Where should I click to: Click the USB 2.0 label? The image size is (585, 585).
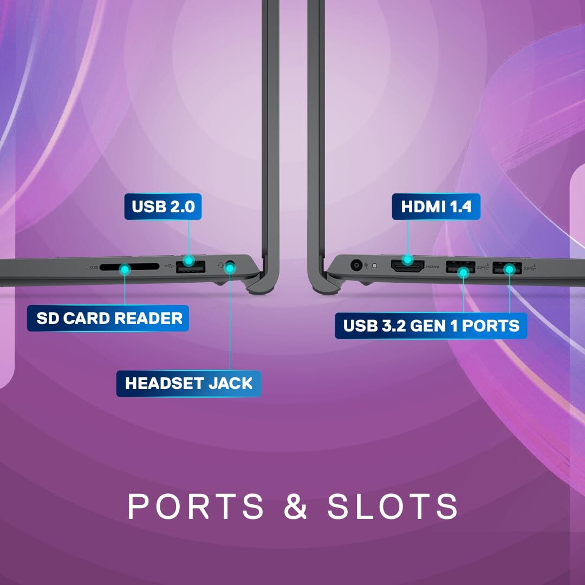pos(162,207)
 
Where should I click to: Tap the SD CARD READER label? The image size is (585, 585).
pos(108,318)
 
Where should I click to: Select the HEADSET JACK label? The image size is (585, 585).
pos(188,383)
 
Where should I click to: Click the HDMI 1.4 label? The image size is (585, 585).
pos(436,207)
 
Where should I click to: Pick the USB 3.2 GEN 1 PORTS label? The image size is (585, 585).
pos(431,326)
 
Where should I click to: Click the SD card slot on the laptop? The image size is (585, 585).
pos(131,267)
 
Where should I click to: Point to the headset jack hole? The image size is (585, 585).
pos(231,267)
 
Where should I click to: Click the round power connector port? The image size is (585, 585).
pos(356,265)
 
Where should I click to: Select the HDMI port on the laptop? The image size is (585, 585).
pos(407,266)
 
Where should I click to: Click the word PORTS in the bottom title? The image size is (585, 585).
pos(196,506)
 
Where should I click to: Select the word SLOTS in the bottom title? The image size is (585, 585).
pos(392,506)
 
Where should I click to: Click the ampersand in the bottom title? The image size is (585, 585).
pos(295,506)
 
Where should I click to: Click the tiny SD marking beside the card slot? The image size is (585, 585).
pos(93,267)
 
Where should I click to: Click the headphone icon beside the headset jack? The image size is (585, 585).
pos(220,265)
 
